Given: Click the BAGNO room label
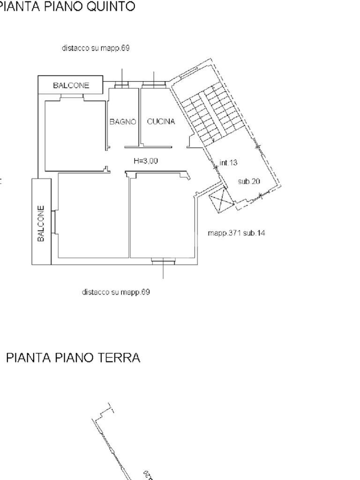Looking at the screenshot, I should coord(122,122).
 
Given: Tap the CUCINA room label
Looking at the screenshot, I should coord(161,122).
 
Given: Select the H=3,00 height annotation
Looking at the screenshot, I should coord(145,161).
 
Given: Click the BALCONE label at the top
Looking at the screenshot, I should coord(71,85).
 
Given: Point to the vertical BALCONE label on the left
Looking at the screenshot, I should coord(41,223).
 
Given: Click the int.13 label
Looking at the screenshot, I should coord(228,163).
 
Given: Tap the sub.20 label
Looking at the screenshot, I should coord(249,181).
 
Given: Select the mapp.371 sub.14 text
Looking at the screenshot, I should coord(236,232).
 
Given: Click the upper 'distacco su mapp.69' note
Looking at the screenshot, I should coord(96,48).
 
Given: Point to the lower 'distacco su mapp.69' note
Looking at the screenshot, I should coord(116,292).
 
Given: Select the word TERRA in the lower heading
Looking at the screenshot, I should coord(118,358).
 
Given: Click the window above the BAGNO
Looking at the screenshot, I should coord(121,85).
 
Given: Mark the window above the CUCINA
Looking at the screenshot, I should coord(154,85).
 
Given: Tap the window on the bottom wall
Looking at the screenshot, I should coord(164,261).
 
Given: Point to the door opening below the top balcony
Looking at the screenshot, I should coord(72,97).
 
